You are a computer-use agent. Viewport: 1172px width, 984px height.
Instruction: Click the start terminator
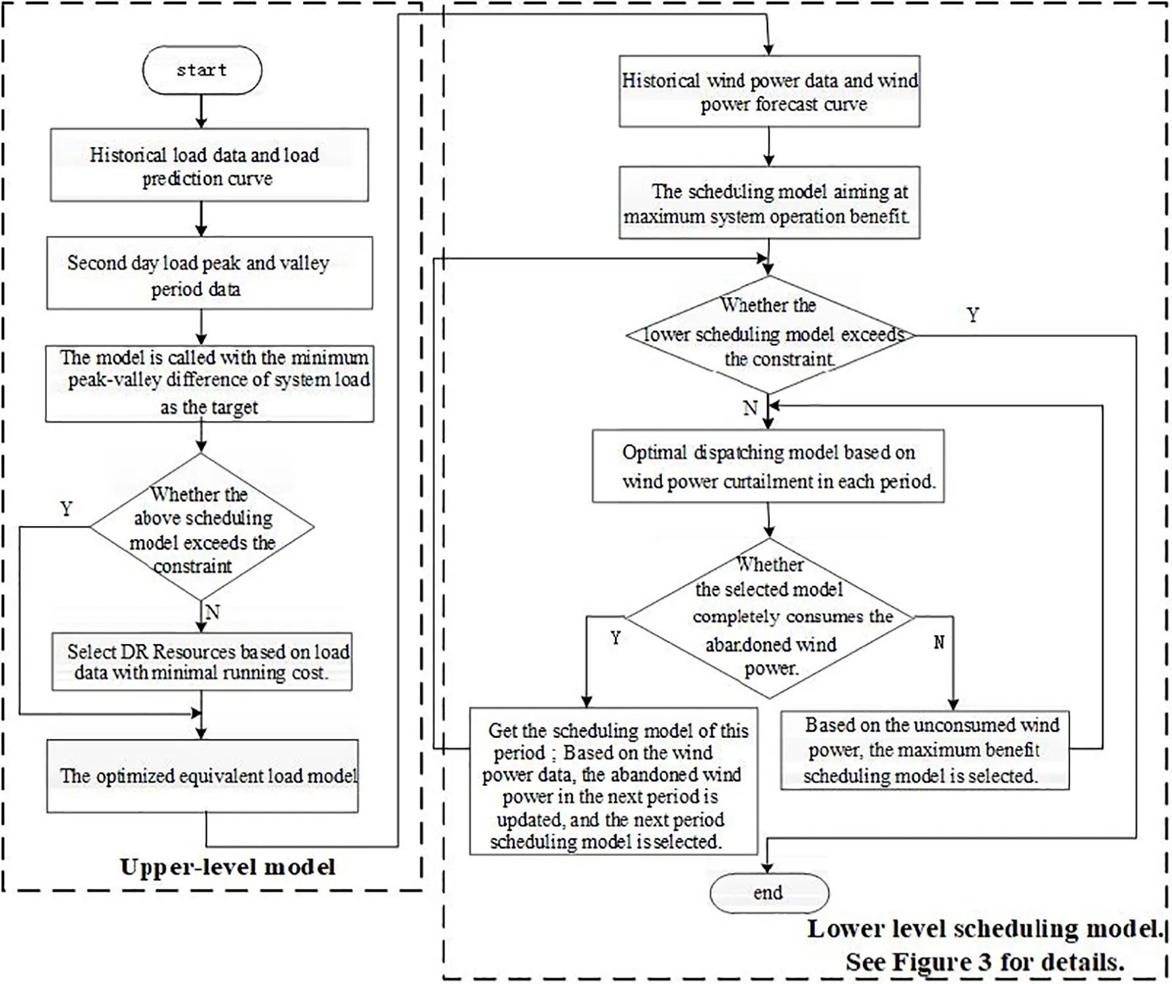202,70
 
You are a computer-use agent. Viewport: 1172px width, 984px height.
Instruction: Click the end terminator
768,893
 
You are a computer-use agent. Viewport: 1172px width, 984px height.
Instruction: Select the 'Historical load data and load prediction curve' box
209,165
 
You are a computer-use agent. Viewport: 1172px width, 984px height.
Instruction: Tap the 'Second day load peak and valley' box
209,274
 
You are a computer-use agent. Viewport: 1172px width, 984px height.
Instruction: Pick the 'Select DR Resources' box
202,662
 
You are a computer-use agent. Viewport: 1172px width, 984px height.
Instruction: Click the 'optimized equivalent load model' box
202,777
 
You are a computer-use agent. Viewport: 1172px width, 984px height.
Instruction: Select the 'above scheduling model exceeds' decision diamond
201,528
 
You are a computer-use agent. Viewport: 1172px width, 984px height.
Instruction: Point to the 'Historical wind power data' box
769,92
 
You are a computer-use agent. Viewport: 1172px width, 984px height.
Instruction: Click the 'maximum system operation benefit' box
769,203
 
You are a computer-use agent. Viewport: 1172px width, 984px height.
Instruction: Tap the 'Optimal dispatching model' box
768,466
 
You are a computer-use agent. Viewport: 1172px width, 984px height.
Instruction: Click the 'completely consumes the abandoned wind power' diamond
769,617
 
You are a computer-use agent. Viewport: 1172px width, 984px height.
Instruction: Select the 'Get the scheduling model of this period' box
614,781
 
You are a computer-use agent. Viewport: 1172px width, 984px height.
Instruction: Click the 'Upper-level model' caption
227,867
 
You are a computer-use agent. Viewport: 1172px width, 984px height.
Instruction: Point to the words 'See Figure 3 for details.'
984,962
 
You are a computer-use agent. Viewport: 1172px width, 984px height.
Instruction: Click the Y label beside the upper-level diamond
66,508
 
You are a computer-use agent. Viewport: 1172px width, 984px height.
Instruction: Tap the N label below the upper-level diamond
213,612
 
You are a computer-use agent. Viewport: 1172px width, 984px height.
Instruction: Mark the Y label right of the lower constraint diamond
973,316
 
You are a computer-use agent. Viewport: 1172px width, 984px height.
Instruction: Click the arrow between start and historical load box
201,111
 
